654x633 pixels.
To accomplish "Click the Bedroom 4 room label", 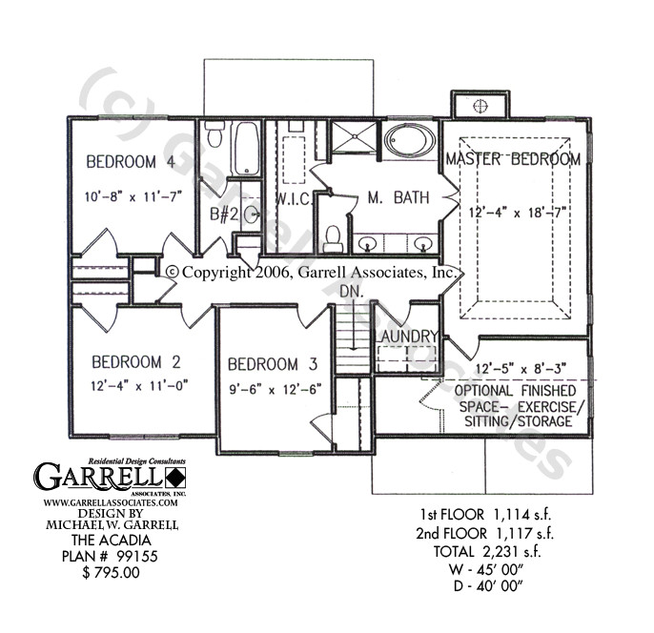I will [131, 161].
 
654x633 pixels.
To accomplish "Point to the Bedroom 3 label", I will [273, 363].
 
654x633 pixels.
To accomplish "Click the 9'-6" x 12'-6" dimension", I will [275, 388].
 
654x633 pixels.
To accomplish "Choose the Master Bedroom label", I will [513, 159].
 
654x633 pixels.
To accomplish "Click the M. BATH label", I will [398, 197].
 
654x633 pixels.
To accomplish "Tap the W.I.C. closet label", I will [289, 198].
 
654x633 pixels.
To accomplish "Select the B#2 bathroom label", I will [225, 214].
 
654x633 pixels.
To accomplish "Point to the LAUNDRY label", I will [406, 337].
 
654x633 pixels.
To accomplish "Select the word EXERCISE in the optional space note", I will [547, 406].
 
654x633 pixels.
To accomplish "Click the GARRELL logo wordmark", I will [100, 474].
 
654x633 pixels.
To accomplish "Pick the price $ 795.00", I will [112, 573].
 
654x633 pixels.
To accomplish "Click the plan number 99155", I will [140, 559].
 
